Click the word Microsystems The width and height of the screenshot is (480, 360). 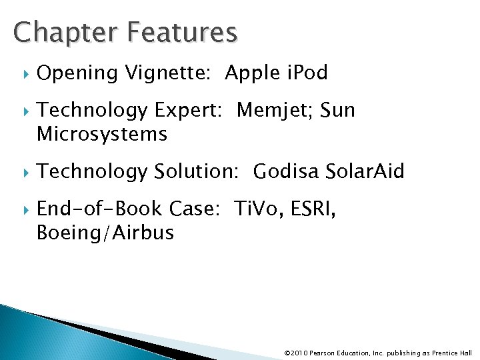[x=102, y=135]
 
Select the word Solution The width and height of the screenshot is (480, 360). [x=196, y=171]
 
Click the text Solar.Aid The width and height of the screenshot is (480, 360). [x=366, y=171]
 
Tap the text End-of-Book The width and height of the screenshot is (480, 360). [x=98, y=211]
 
